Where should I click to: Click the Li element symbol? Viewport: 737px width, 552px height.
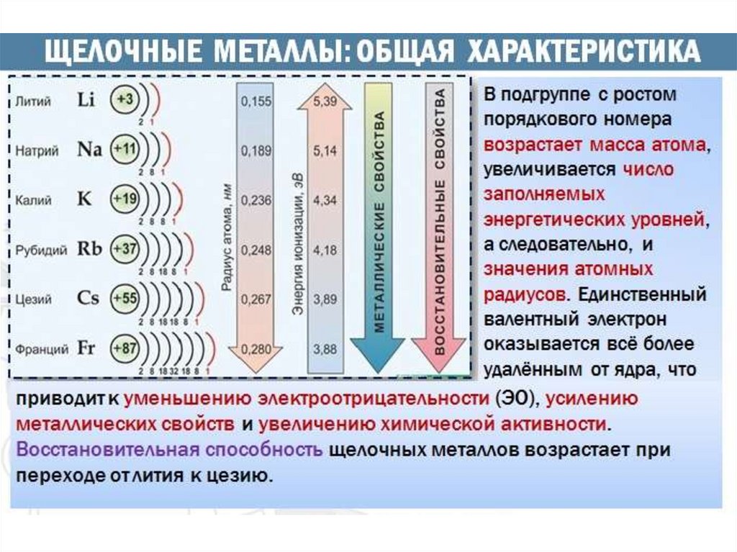(x=86, y=100)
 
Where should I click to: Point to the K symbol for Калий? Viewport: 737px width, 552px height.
(x=85, y=199)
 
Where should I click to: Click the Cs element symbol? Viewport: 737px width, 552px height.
(x=88, y=298)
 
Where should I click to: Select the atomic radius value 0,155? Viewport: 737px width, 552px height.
(x=256, y=101)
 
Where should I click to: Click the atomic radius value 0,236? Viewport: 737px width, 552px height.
(x=256, y=200)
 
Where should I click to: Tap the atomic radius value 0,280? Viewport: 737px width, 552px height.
(x=256, y=349)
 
